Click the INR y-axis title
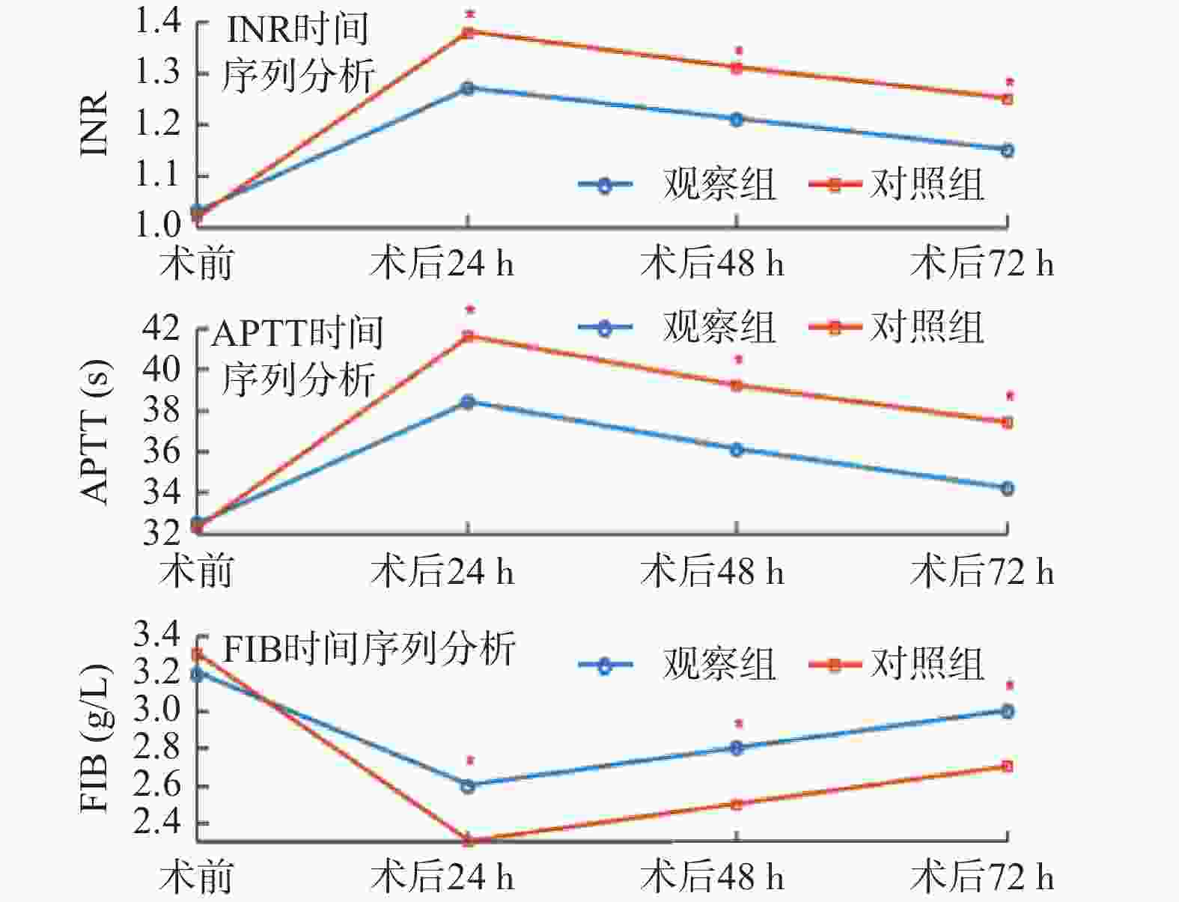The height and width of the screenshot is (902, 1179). pos(95,124)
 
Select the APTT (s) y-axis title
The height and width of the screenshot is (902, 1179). pos(95,432)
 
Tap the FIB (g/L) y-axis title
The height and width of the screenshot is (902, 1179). pos(95,737)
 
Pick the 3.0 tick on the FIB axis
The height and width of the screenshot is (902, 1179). pos(157,710)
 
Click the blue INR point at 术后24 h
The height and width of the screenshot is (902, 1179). pos(468,88)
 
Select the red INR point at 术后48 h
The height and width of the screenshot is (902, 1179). pos(737,68)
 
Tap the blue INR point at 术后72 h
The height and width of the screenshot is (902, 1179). pos(1008,150)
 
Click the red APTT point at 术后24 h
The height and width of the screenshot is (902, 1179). pos(468,335)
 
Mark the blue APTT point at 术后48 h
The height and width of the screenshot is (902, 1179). pos(737,450)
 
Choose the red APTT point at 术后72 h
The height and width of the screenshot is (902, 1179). pos(1008,423)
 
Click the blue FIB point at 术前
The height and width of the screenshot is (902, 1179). pos(198,674)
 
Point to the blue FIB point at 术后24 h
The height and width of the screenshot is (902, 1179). pos(468,786)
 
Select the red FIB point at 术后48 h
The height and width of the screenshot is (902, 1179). pos(737,805)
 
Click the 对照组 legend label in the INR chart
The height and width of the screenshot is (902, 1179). pos(927,184)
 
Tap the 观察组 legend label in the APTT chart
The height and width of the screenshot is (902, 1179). pos(719,327)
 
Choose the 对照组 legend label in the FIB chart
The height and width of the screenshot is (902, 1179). pos(927,664)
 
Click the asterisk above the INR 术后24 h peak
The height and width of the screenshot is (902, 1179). pos(469,14)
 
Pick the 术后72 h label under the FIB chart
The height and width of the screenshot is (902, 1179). pos(981,877)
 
